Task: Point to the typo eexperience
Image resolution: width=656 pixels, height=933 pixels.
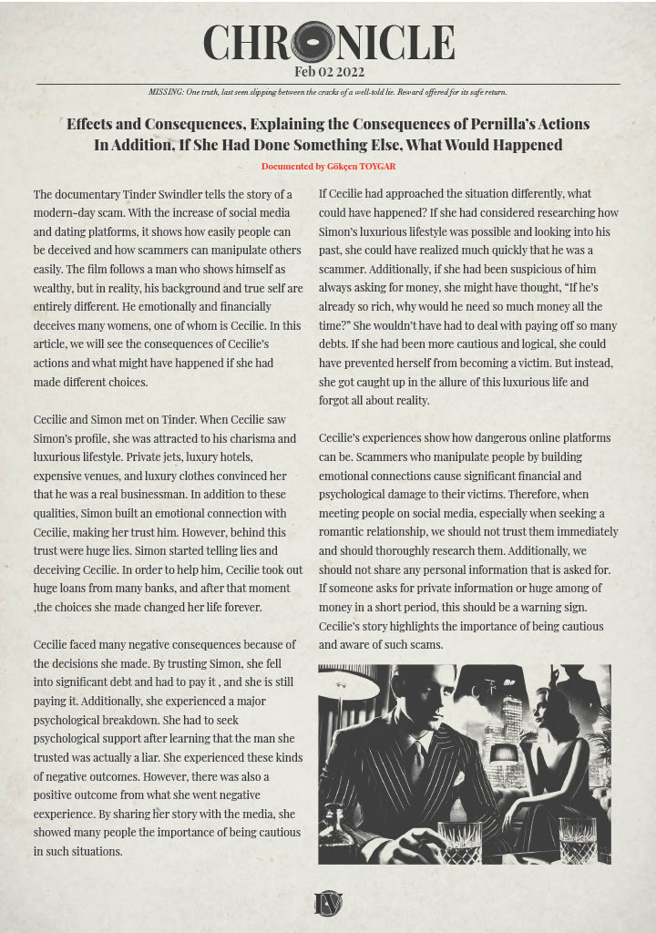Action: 66,814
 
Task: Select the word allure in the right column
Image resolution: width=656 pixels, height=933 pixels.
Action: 466,381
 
